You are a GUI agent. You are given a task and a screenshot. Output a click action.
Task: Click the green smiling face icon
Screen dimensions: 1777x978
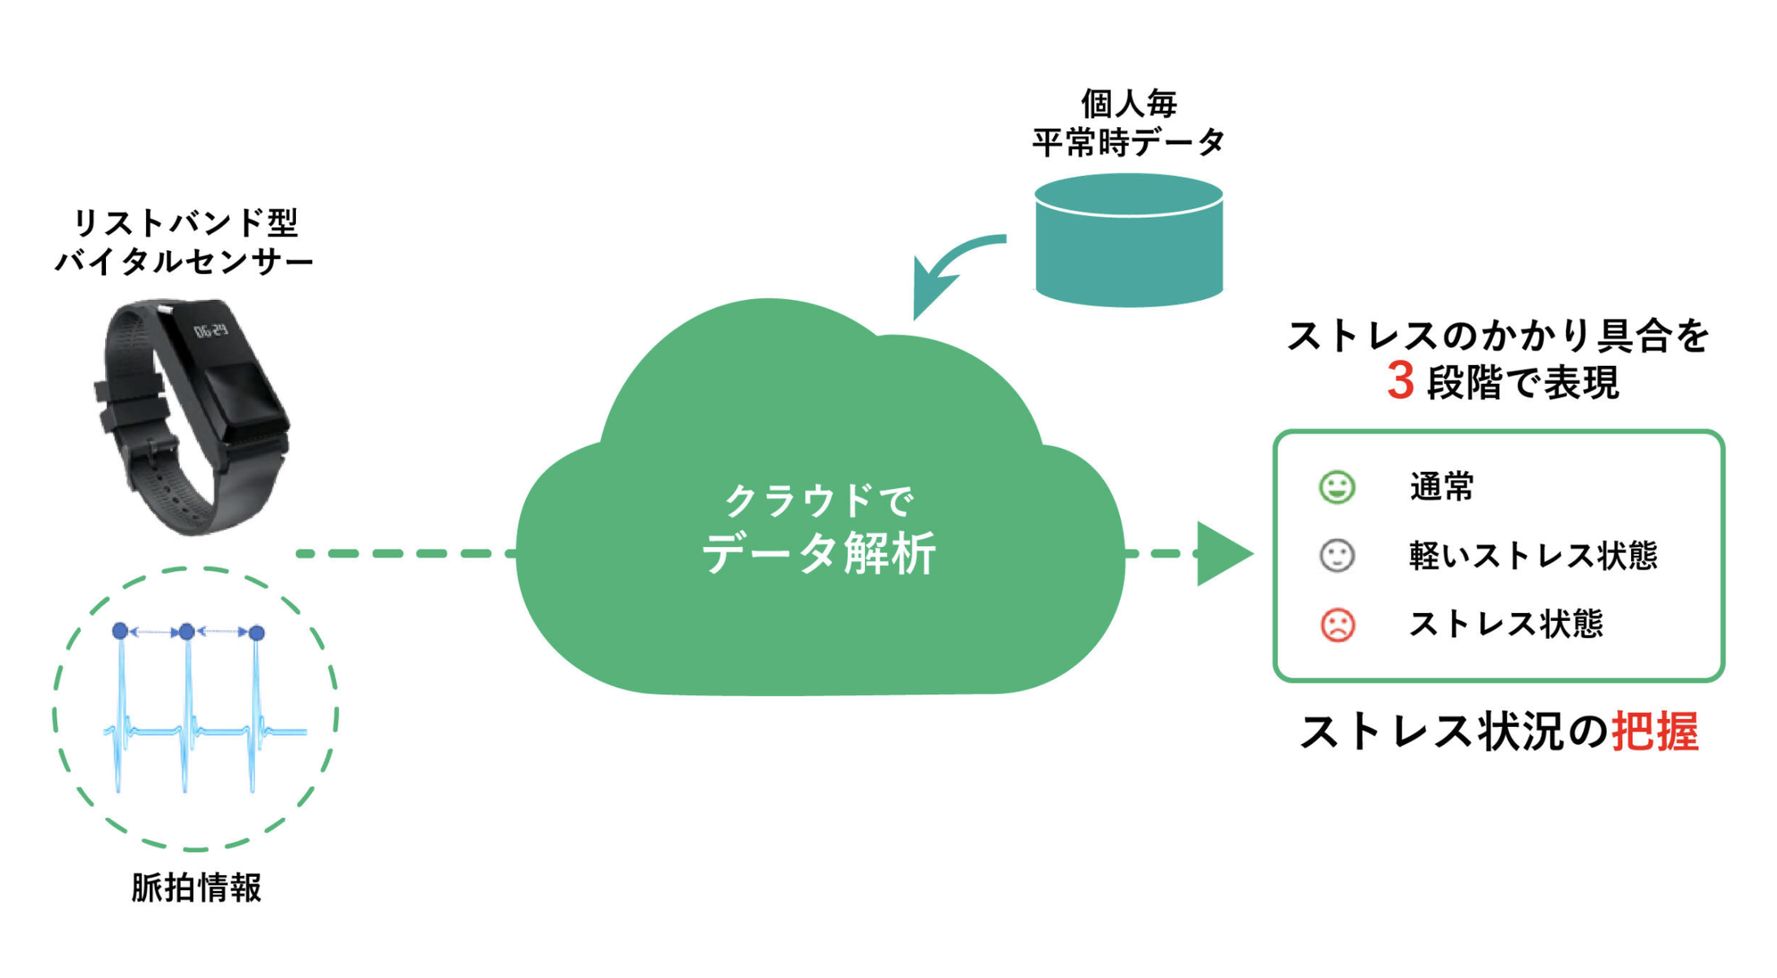coord(1337,487)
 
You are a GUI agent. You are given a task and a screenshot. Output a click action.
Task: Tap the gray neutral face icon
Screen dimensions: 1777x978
coord(1337,556)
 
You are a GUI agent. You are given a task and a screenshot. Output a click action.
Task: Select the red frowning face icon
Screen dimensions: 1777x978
coord(1337,625)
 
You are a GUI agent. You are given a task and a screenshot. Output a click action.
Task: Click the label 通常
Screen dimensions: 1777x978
coord(1442,487)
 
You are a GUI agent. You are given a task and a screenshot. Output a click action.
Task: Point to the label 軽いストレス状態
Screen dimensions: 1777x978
coord(1533,556)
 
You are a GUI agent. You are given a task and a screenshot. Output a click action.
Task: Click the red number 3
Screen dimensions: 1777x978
coord(1400,381)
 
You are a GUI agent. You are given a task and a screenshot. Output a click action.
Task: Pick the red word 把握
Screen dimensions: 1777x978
coord(1656,731)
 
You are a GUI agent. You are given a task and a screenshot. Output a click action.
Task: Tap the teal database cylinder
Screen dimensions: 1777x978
coord(1129,240)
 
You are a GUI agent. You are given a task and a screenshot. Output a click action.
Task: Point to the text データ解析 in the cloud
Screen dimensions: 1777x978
coord(818,554)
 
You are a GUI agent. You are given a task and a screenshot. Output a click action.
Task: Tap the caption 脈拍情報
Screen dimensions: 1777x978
coord(196,888)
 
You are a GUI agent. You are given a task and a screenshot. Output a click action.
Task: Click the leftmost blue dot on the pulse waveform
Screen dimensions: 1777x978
coord(120,631)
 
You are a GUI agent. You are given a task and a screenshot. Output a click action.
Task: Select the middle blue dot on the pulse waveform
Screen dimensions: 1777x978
coord(187,632)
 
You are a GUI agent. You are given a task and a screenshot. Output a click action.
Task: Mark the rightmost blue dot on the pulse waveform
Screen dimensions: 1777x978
coord(257,632)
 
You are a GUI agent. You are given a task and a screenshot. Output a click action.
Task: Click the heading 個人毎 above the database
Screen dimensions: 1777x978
coord(1129,104)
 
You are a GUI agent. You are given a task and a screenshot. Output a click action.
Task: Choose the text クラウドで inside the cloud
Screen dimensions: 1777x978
coord(818,500)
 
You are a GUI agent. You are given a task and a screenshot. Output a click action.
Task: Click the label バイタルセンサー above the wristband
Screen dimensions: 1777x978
coord(184,262)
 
